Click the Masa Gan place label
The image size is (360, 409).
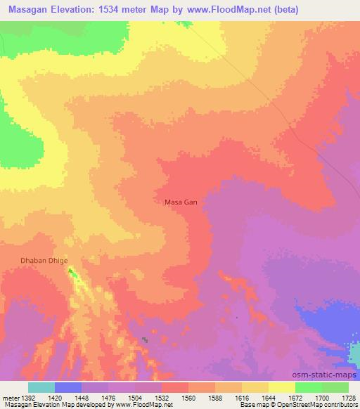point(181,202)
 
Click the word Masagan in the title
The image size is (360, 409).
point(31,10)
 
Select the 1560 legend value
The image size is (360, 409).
point(188,397)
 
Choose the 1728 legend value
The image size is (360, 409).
point(349,397)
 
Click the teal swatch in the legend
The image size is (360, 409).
point(41,387)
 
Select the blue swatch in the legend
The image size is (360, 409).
point(68,387)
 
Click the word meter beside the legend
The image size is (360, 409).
point(8,397)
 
